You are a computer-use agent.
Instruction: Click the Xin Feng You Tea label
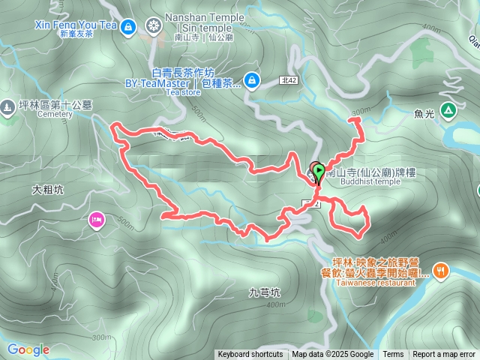coord(76,25)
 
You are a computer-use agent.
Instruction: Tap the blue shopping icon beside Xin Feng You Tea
coord(127,27)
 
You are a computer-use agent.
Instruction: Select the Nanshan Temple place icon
coord(154,27)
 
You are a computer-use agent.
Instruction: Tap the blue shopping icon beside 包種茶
coord(250,79)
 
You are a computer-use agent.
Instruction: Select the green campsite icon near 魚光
coord(448,110)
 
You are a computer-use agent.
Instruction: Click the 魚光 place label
coord(424,114)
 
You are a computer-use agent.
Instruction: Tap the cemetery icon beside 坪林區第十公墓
coord(7,107)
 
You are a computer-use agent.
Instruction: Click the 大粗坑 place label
coord(48,190)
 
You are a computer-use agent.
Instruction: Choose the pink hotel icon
coord(97,220)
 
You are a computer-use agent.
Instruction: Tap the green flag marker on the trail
coord(319,173)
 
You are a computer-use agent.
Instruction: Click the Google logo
coord(28,349)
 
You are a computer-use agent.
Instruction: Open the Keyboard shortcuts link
coord(250,355)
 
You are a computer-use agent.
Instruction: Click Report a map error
coord(445,355)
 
